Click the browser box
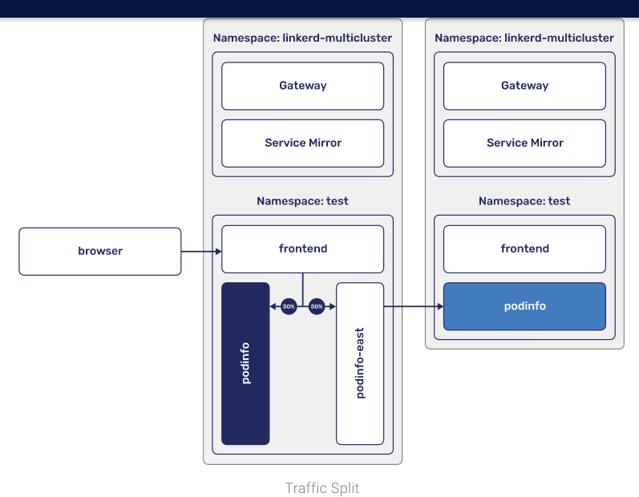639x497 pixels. coord(100,251)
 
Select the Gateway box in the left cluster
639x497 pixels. coord(302,86)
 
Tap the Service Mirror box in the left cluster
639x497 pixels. coord(302,143)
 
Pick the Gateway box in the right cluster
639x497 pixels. coord(524,86)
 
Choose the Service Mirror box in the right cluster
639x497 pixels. coord(524,143)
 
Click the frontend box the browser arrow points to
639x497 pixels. coord(302,248)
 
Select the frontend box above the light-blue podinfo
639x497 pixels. coord(524,248)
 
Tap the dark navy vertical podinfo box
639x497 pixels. coord(245,363)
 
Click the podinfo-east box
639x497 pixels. coord(360,363)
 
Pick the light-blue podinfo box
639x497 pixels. coord(524,306)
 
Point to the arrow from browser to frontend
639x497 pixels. coord(200,252)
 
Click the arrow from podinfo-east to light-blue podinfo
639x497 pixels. coord(413,306)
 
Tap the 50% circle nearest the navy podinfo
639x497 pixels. coord(289,306)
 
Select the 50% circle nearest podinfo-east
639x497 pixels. coord(316,306)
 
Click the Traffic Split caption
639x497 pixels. coord(322,488)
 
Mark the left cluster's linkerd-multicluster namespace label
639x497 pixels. coord(302,38)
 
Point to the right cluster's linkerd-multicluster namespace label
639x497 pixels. coord(524,38)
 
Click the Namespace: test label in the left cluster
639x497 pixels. coord(302,200)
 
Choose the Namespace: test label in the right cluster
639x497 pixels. coord(524,200)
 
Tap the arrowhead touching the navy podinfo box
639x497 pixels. coord(273,306)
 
